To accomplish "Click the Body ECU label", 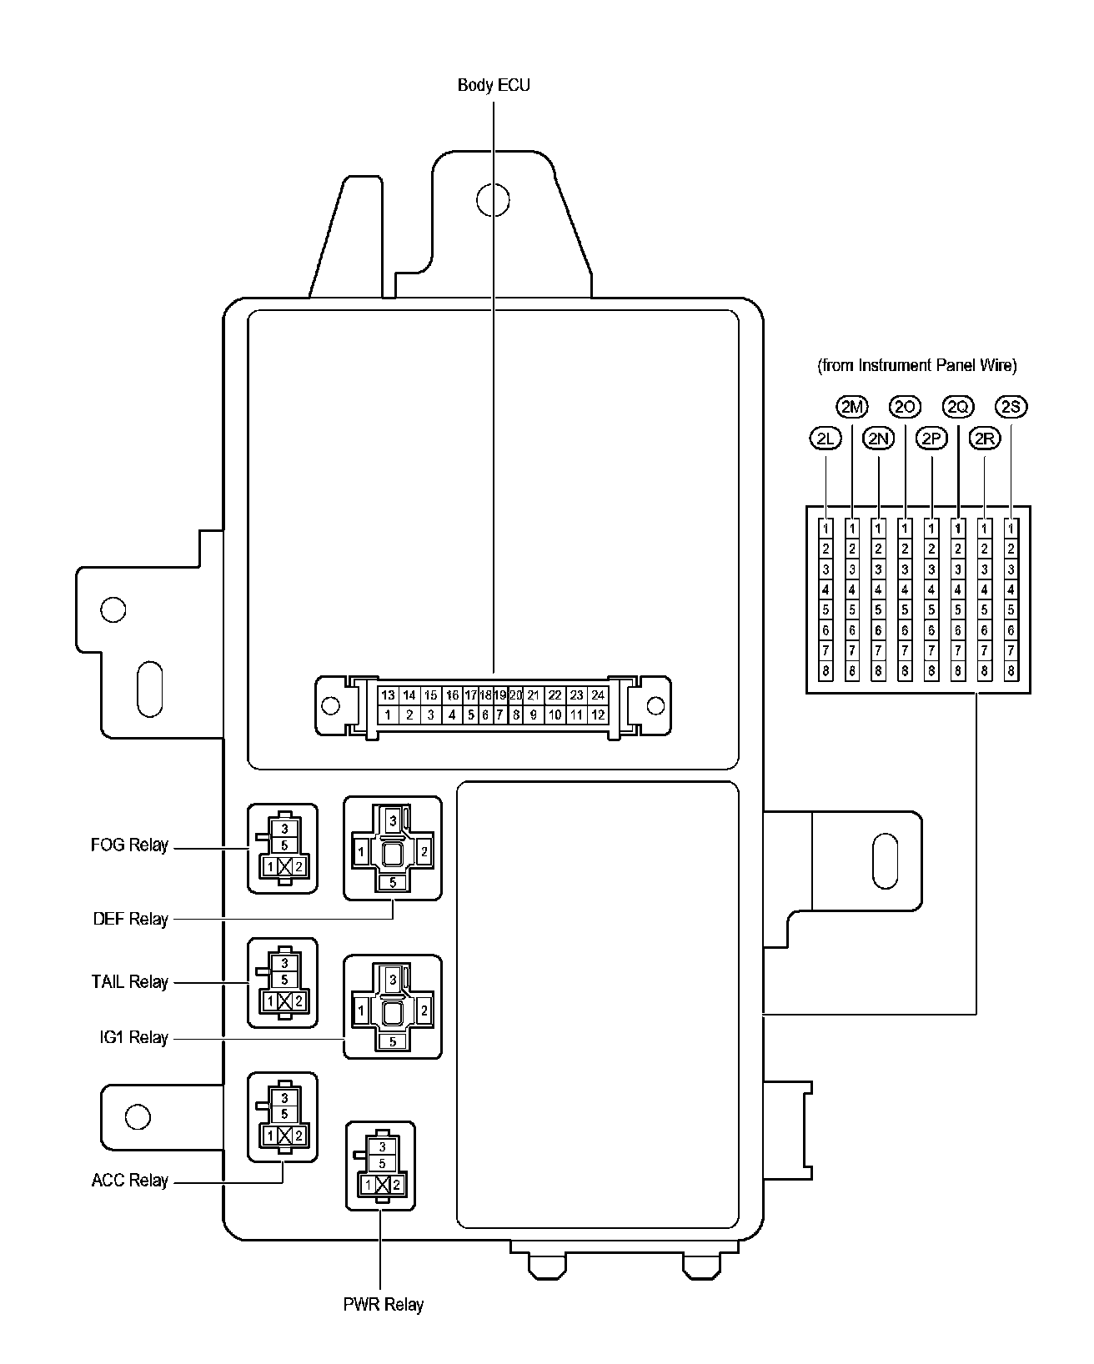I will pyautogui.click(x=494, y=85).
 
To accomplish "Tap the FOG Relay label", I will pyautogui.click(x=129, y=845).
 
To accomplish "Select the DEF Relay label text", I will pyautogui.click(x=131, y=920).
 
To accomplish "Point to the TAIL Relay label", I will pyautogui.click(x=130, y=982).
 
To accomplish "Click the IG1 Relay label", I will pyautogui.click(x=131, y=1038).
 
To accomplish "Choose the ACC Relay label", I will pyautogui.click(x=130, y=1181).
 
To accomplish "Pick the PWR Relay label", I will pyautogui.click(x=384, y=1305).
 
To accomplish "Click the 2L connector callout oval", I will pyautogui.click(x=826, y=439).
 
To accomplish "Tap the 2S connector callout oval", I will pyautogui.click(x=1011, y=407).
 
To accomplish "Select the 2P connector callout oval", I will pyautogui.click(x=931, y=439).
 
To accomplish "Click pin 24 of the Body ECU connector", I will pyautogui.click(x=597, y=695).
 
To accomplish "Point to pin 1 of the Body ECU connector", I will pyautogui.click(x=388, y=715).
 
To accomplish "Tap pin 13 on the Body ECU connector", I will pyautogui.click(x=388, y=695).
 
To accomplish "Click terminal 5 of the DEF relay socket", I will pyautogui.click(x=393, y=881).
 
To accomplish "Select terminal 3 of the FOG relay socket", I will pyautogui.click(x=285, y=829).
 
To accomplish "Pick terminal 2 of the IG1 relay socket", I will pyautogui.click(x=424, y=1010).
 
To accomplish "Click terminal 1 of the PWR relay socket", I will pyautogui.click(x=368, y=1185).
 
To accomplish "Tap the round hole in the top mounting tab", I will pyautogui.click(x=492, y=198).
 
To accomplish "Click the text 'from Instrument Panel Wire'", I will pyautogui.click(x=917, y=365).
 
